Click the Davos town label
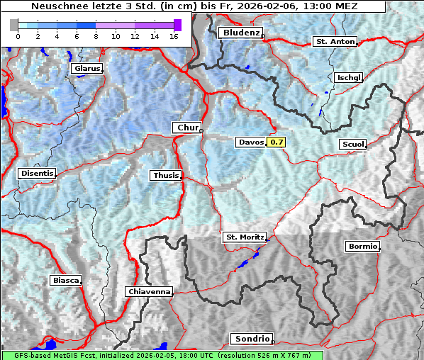251,142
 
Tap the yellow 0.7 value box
277,142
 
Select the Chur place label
188,128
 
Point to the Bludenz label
240,33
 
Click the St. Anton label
335,42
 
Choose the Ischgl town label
349,77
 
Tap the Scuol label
352,144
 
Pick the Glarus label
86,69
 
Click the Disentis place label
37,173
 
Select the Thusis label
166,175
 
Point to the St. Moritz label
244,237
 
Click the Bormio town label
363,247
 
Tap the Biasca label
65,280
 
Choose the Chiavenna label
149,291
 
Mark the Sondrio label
251,339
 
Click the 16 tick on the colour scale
173,35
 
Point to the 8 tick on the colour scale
95,35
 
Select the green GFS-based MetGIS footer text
162,355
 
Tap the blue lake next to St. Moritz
246,261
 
